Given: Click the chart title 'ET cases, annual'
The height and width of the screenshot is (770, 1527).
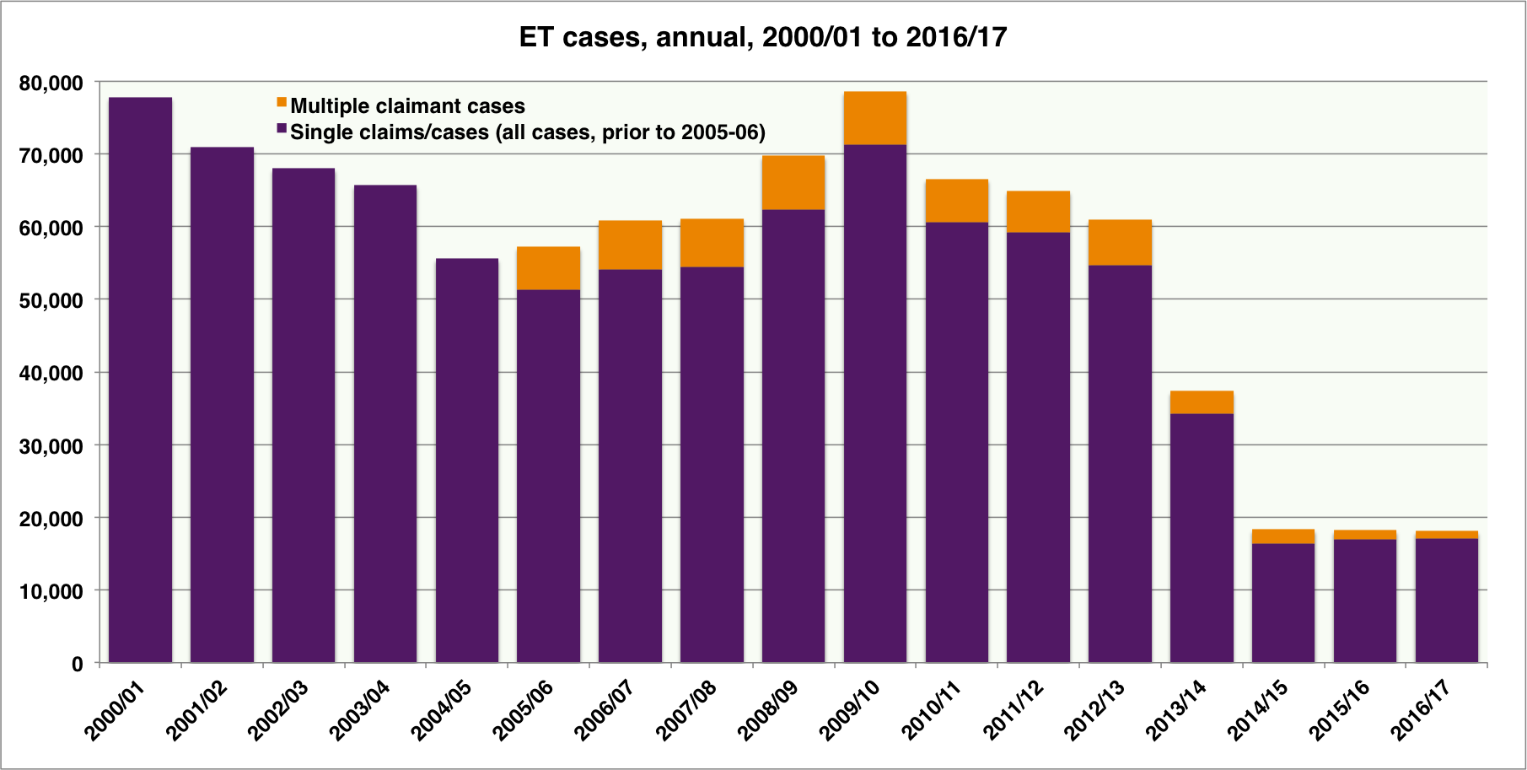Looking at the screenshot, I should click(x=763, y=37).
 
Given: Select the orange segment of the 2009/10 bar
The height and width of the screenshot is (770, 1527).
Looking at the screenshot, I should click(x=874, y=118).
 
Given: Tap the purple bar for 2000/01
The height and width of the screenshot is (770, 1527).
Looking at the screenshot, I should click(x=140, y=380).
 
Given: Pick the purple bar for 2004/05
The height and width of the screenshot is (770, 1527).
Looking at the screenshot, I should click(x=466, y=460).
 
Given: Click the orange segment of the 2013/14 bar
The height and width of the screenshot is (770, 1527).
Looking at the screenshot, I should click(x=1202, y=402).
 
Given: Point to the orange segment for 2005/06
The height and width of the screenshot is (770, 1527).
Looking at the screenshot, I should click(x=548, y=268).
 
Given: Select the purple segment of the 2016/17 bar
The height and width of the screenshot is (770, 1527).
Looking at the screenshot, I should click(x=1446, y=600).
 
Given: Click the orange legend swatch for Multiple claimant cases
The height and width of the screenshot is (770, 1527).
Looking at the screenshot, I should click(x=282, y=103).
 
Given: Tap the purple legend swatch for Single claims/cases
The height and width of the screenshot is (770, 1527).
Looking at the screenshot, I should click(x=282, y=129).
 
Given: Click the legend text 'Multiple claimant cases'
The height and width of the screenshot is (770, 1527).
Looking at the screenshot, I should click(x=407, y=106).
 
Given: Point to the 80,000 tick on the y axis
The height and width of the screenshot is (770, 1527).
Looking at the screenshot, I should click(x=51, y=83).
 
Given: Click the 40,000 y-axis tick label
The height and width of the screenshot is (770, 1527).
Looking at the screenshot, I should click(x=51, y=374).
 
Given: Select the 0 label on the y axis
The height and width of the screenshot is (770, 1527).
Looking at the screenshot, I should click(x=77, y=665).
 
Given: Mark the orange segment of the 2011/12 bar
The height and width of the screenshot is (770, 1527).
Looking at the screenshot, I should click(x=1038, y=212).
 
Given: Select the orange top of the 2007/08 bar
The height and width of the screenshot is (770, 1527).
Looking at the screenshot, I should click(x=712, y=243).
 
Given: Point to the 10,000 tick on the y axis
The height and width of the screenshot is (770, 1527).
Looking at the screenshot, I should click(x=51, y=592).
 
